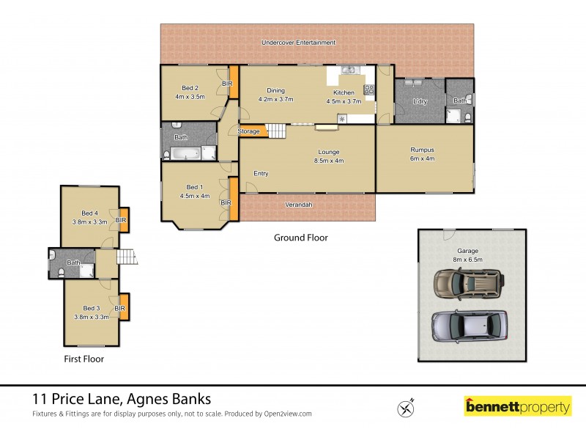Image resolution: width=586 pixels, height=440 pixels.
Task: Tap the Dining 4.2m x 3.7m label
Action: (x=275, y=95)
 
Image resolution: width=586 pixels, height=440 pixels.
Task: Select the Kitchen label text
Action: (x=344, y=93)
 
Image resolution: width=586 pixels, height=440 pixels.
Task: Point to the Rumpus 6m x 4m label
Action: (x=422, y=153)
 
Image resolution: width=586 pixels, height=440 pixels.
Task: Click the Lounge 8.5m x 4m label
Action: (x=328, y=156)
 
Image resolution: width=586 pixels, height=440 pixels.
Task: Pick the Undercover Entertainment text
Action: (x=299, y=43)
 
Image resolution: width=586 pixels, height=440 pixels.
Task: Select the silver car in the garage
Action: (x=469, y=325)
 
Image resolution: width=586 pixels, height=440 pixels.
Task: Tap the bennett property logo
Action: (x=518, y=406)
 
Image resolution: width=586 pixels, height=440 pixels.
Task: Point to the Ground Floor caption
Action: (x=300, y=238)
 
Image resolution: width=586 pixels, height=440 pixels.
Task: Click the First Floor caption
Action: (x=83, y=359)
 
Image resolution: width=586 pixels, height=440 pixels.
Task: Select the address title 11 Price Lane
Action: (x=122, y=400)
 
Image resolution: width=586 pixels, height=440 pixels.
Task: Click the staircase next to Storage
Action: (x=276, y=131)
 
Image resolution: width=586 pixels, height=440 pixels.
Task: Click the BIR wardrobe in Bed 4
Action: (x=122, y=219)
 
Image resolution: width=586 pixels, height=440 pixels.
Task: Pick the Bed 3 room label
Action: (x=91, y=312)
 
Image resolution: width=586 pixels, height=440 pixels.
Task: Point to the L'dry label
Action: (x=420, y=101)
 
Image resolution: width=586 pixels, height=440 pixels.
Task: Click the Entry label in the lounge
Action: (x=261, y=173)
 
